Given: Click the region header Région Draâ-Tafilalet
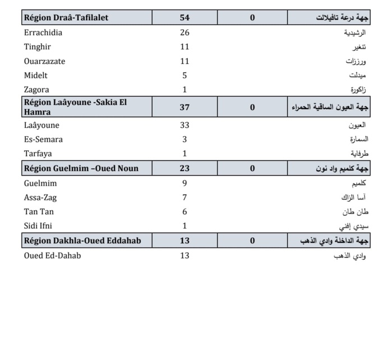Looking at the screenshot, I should coord(66,17).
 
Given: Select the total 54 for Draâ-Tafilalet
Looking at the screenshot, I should coord(185,17).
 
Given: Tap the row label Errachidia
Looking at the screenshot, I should coord(43,33).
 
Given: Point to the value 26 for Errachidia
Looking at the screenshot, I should coord(185,33).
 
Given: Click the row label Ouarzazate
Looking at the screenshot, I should coord(44,61).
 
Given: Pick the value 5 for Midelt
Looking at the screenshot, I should coord(185,75).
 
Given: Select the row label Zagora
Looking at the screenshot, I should coord(36,90).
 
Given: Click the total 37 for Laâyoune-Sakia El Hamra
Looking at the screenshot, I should coord(185,107).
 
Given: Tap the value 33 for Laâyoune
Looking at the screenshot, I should coord(185,125).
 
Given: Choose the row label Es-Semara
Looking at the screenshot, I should coord(43,139).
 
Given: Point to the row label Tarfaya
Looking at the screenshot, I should coord(38,154).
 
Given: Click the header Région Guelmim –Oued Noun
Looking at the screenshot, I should coord(81,168).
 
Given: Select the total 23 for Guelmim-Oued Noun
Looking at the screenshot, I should coord(185,168).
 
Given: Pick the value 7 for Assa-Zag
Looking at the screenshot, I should coord(185,197).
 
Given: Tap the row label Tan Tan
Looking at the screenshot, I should coord(39,212).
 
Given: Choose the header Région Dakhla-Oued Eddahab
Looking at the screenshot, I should coord(82,241).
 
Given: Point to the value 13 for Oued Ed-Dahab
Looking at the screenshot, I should coord(185,256).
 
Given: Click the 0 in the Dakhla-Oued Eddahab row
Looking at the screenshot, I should coord(252,241).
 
